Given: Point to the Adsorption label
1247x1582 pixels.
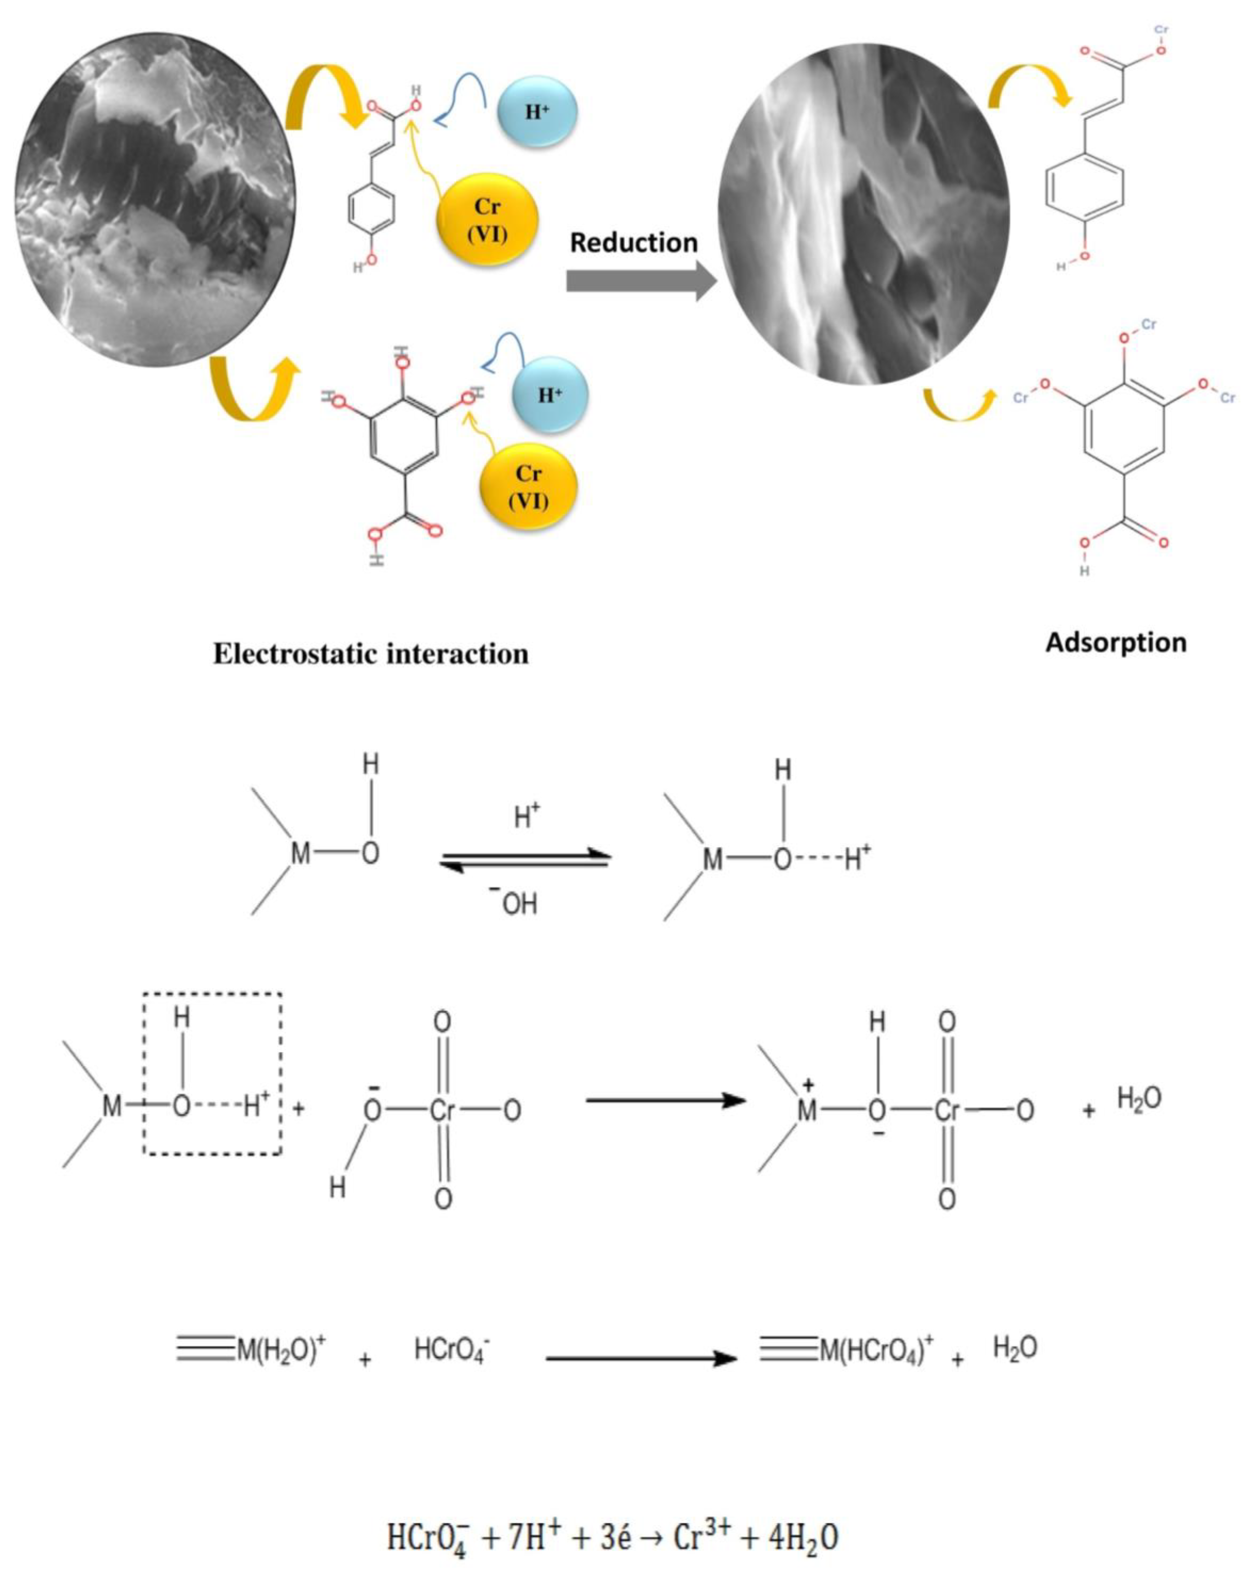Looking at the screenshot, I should [1116, 642].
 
